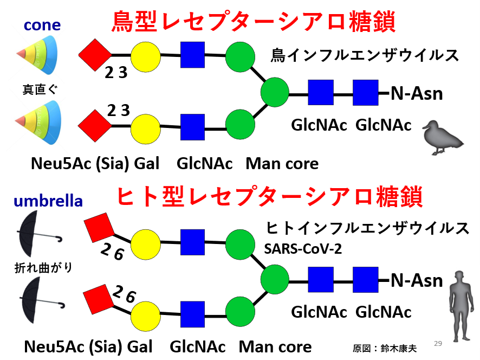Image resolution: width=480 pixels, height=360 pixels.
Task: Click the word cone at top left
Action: (x=42, y=25)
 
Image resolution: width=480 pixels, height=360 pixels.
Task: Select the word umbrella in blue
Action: (x=48, y=201)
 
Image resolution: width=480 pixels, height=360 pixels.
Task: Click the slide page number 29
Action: (x=438, y=343)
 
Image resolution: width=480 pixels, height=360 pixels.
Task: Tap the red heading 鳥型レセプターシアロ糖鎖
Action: (x=253, y=22)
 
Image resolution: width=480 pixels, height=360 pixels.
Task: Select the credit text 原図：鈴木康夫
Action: (x=385, y=348)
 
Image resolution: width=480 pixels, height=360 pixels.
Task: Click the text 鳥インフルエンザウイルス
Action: (x=365, y=55)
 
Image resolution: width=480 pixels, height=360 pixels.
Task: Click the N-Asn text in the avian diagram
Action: (x=417, y=94)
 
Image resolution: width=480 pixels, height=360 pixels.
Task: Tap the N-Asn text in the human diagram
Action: (x=417, y=281)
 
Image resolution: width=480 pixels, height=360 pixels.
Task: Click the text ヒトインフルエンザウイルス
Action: (x=368, y=228)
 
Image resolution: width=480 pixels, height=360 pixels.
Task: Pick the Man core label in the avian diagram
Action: (x=282, y=163)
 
